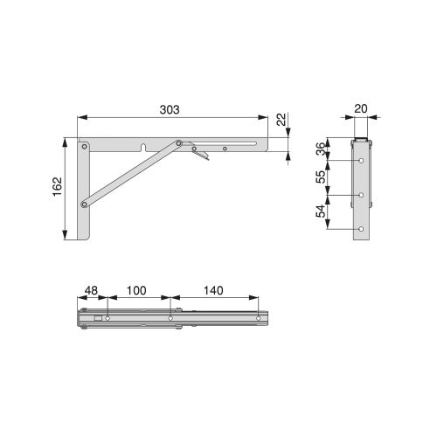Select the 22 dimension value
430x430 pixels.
281,121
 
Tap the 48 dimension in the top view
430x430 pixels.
91,291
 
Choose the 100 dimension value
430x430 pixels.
136,291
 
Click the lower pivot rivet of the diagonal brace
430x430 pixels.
85,205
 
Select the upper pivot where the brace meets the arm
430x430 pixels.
179,144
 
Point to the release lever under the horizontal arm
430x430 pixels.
202,156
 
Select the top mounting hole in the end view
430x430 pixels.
361,162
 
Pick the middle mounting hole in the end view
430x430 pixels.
361,195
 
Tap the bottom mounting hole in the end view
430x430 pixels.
361,228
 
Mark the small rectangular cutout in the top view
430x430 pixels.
98,320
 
